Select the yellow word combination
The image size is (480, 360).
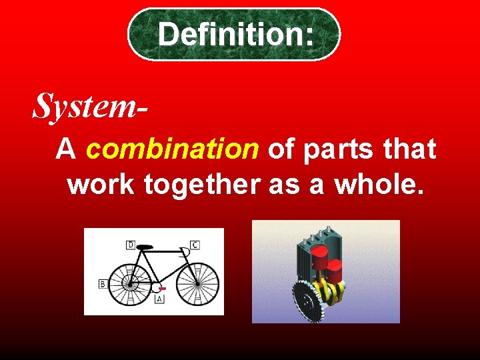(x=172, y=149)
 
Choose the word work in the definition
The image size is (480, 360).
(x=100, y=185)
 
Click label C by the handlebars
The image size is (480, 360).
(x=195, y=245)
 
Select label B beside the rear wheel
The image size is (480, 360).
(x=103, y=284)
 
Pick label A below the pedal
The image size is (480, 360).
(x=159, y=300)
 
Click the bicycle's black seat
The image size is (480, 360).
(x=145, y=247)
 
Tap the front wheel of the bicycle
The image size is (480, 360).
(x=197, y=283)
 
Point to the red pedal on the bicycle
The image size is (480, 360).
(x=162, y=289)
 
